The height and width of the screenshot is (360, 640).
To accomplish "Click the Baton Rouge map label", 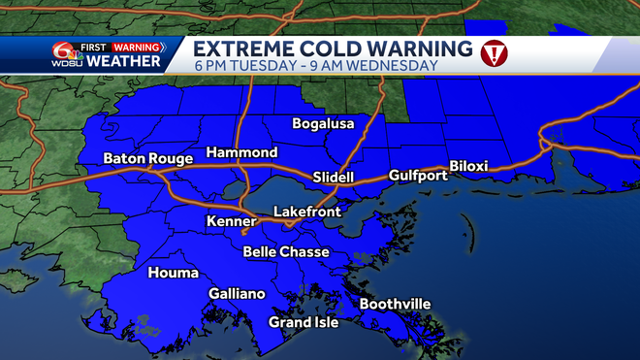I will (x=144, y=158).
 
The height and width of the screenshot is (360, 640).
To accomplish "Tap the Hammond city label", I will (x=241, y=152).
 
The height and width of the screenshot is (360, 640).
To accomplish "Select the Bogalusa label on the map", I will (x=324, y=123).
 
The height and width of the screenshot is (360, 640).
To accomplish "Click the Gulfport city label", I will (x=418, y=176).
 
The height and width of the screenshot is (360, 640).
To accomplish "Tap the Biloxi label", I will (x=473, y=165).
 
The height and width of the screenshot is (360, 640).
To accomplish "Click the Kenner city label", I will (x=232, y=222).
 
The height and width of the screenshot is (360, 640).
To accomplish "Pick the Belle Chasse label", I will (x=286, y=252).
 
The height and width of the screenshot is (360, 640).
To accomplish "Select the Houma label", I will (x=173, y=273).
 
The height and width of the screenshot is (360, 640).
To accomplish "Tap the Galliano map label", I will (x=237, y=293).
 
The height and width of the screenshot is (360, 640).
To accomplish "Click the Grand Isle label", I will (x=304, y=322).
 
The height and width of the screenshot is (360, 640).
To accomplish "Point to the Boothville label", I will (x=395, y=304).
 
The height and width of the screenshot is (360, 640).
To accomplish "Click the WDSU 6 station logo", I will (x=65, y=54).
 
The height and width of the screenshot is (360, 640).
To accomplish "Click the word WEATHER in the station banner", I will (x=124, y=62).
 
